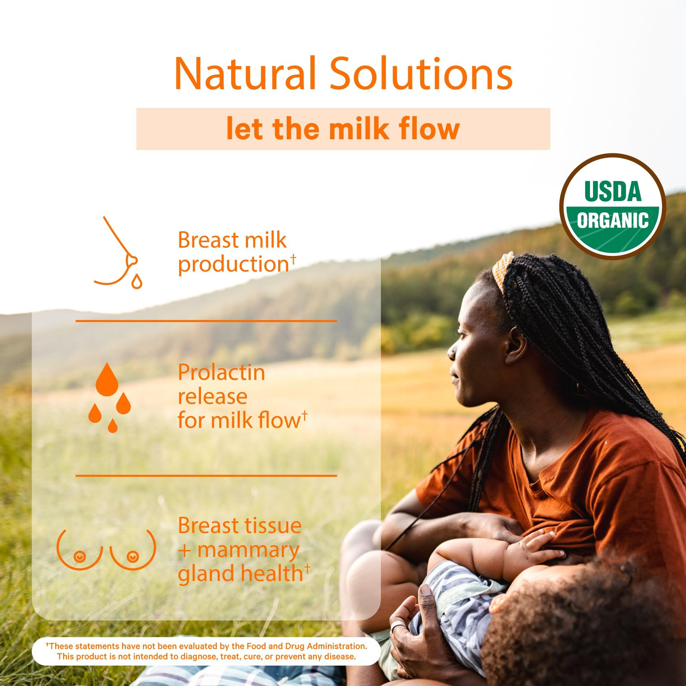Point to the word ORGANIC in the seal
click(613, 221)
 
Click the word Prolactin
click(221, 373)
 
